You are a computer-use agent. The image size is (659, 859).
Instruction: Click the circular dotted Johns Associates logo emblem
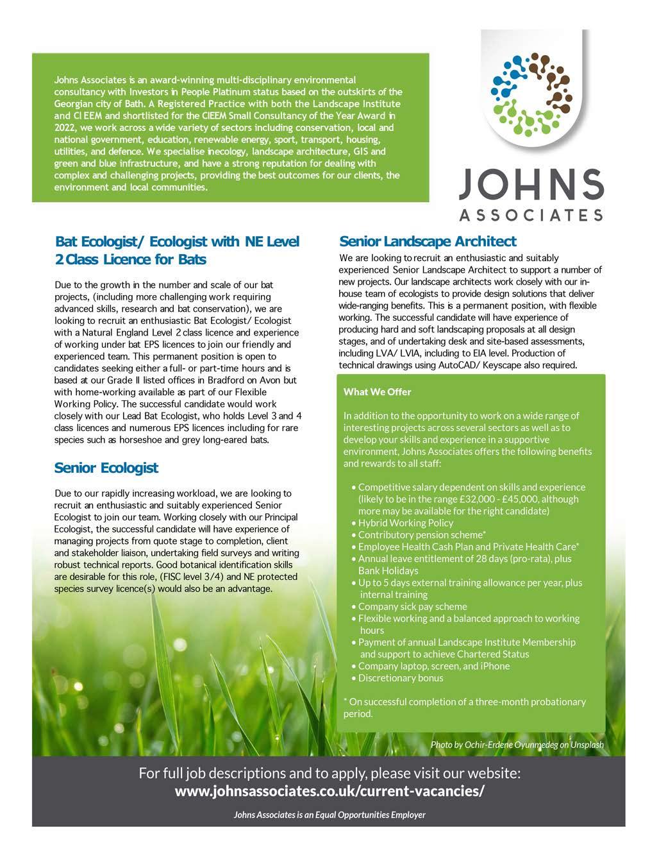pos(530,88)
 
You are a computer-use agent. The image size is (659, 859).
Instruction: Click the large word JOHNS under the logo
pos(531,185)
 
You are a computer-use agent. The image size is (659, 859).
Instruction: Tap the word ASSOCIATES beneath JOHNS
pos(531,215)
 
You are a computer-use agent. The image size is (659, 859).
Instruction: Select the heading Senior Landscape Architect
pos(428,242)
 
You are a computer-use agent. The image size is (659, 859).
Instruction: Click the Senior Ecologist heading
pos(106,468)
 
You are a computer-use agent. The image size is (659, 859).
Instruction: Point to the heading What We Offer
pos(378,392)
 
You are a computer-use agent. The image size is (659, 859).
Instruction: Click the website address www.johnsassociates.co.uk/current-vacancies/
pos(329,791)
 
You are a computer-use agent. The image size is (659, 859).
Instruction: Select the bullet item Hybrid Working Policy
pos(405,523)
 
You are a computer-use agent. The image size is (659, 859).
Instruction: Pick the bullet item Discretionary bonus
pos(401,677)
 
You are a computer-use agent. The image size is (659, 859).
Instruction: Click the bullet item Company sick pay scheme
pos(412,606)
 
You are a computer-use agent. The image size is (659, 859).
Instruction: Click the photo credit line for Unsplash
pos(517,745)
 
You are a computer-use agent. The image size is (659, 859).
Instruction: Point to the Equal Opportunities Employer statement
pos(329,815)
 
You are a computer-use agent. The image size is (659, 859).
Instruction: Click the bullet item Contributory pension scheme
pos(421,534)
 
